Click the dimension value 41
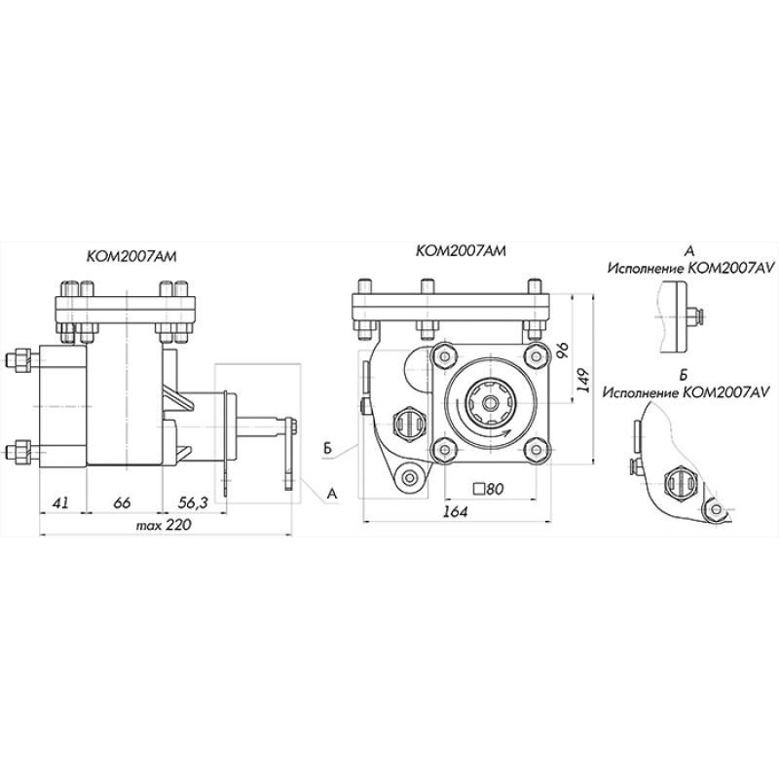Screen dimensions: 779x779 tap(60, 503)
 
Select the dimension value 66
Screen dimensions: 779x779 tap(122, 503)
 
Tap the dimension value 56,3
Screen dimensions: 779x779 tap(193, 503)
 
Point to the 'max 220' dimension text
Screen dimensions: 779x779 tap(164, 525)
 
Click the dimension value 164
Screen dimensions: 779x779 tap(455, 512)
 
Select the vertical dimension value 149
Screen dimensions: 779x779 tap(585, 380)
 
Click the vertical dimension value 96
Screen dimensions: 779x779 tap(565, 351)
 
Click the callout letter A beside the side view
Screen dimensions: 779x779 tap(332, 494)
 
